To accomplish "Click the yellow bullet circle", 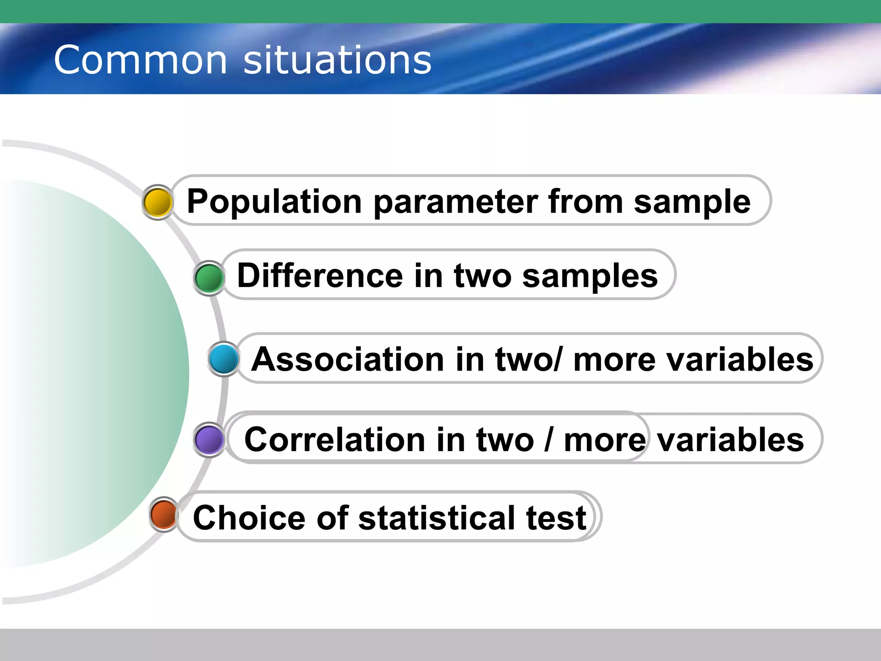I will tap(157, 202).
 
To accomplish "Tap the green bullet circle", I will tap(209, 278).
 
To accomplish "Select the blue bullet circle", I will tap(224, 359).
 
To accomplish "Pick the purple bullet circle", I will tap(209, 440).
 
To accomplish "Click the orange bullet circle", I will tap(164, 514).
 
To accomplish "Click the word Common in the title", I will tap(140, 60).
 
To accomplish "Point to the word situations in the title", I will tap(337, 60).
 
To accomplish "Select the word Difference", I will tap(320, 276).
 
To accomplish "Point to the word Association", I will tap(348, 359).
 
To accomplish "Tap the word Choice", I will tap(250, 518).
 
